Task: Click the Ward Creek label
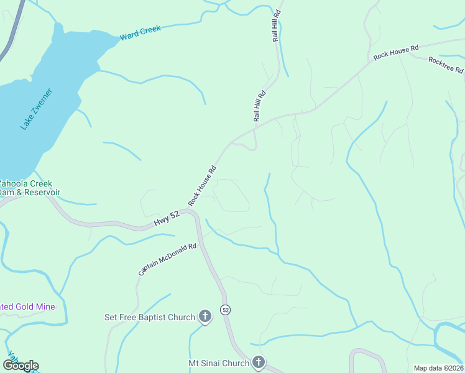tap(140, 33)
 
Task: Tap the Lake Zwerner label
tap(36, 109)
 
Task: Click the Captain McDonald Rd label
tap(167, 259)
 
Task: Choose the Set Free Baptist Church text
tap(149, 317)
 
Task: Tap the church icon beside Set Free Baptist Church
tap(205, 317)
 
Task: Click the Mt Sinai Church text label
tap(218, 362)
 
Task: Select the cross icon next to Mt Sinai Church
tap(259, 362)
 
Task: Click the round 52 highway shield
tap(225, 310)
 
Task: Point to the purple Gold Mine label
tap(27, 306)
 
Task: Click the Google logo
tap(21, 366)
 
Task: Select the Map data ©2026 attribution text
tap(438, 368)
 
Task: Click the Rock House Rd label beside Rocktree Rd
tap(396, 52)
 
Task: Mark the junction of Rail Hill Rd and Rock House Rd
tap(256, 129)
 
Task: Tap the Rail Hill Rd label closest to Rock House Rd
tap(259, 106)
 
